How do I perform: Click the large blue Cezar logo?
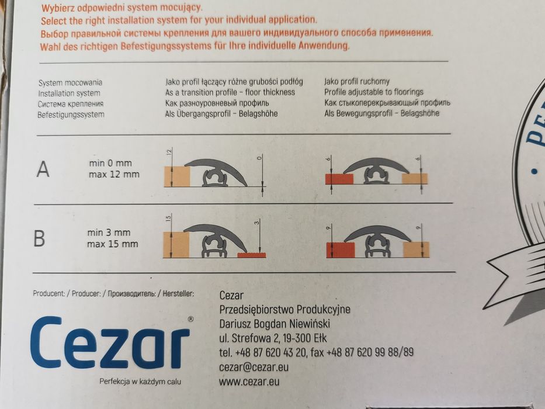110,342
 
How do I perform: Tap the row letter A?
43,169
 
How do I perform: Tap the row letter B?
39,238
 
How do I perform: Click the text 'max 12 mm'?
114,174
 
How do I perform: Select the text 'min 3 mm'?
109,233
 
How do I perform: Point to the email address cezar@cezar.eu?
254,368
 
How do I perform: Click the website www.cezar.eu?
249,382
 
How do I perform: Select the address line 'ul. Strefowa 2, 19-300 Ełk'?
273,338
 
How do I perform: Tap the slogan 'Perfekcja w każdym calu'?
140,382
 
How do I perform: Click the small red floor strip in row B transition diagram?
252,255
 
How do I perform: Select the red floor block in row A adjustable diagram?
339,179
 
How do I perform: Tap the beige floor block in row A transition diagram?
177,176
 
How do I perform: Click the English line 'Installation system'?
69,93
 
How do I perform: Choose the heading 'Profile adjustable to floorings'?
374,92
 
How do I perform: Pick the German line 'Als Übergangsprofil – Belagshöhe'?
221,114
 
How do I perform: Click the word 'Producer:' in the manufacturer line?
86,293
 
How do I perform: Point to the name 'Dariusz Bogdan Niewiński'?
275,324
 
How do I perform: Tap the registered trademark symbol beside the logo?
190,319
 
